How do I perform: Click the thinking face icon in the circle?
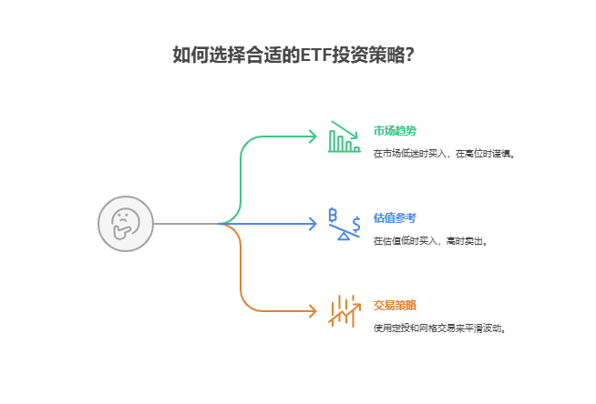tap(126, 224)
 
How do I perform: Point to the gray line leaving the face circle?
tap(186, 224)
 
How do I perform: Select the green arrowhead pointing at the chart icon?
tap(313, 136)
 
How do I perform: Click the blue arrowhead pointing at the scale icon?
tap(313, 224)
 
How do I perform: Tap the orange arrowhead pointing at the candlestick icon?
tap(313, 311)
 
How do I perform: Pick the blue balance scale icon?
tap(344, 224)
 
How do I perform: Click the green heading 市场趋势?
tap(395, 130)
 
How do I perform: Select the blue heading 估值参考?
tap(395, 217)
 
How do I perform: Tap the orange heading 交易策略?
tap(395, 305)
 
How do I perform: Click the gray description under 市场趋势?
tap(444, 154)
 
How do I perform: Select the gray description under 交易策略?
tap(439, 328)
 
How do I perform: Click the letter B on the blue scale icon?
tap(334, 215)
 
